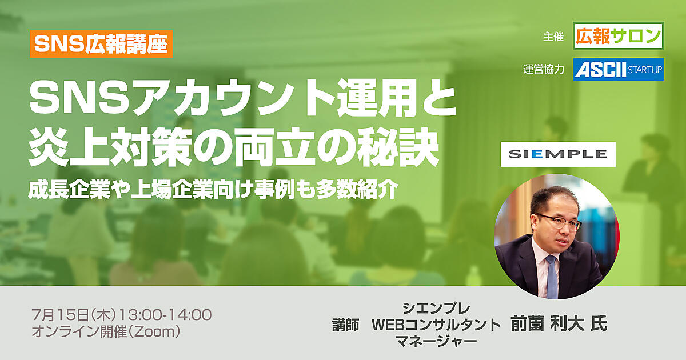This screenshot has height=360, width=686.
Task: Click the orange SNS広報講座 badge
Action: click(102, 44)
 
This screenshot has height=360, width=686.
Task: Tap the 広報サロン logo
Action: click(619, 36)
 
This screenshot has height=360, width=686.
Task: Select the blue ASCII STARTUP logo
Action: click(619, 69)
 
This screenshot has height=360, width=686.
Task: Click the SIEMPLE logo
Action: click(558, 154)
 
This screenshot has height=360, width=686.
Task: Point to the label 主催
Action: click(553, 37)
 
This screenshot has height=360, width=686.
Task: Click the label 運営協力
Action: click(544, 70)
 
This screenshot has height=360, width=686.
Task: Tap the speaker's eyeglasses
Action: click(559, 222)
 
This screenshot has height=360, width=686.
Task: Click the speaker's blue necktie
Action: click(552, 277)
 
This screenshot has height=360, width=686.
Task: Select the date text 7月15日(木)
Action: click(75, 315)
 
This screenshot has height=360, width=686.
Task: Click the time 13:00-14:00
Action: click(165, 315)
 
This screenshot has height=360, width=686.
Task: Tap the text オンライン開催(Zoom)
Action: click(106, 331)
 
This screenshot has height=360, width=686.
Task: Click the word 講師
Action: click(345, 325)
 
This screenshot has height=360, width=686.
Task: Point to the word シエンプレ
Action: click(436, 308)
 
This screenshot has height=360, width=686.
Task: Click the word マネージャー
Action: click(436, 341)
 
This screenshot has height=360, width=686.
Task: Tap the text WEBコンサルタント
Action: click(436, 325)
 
